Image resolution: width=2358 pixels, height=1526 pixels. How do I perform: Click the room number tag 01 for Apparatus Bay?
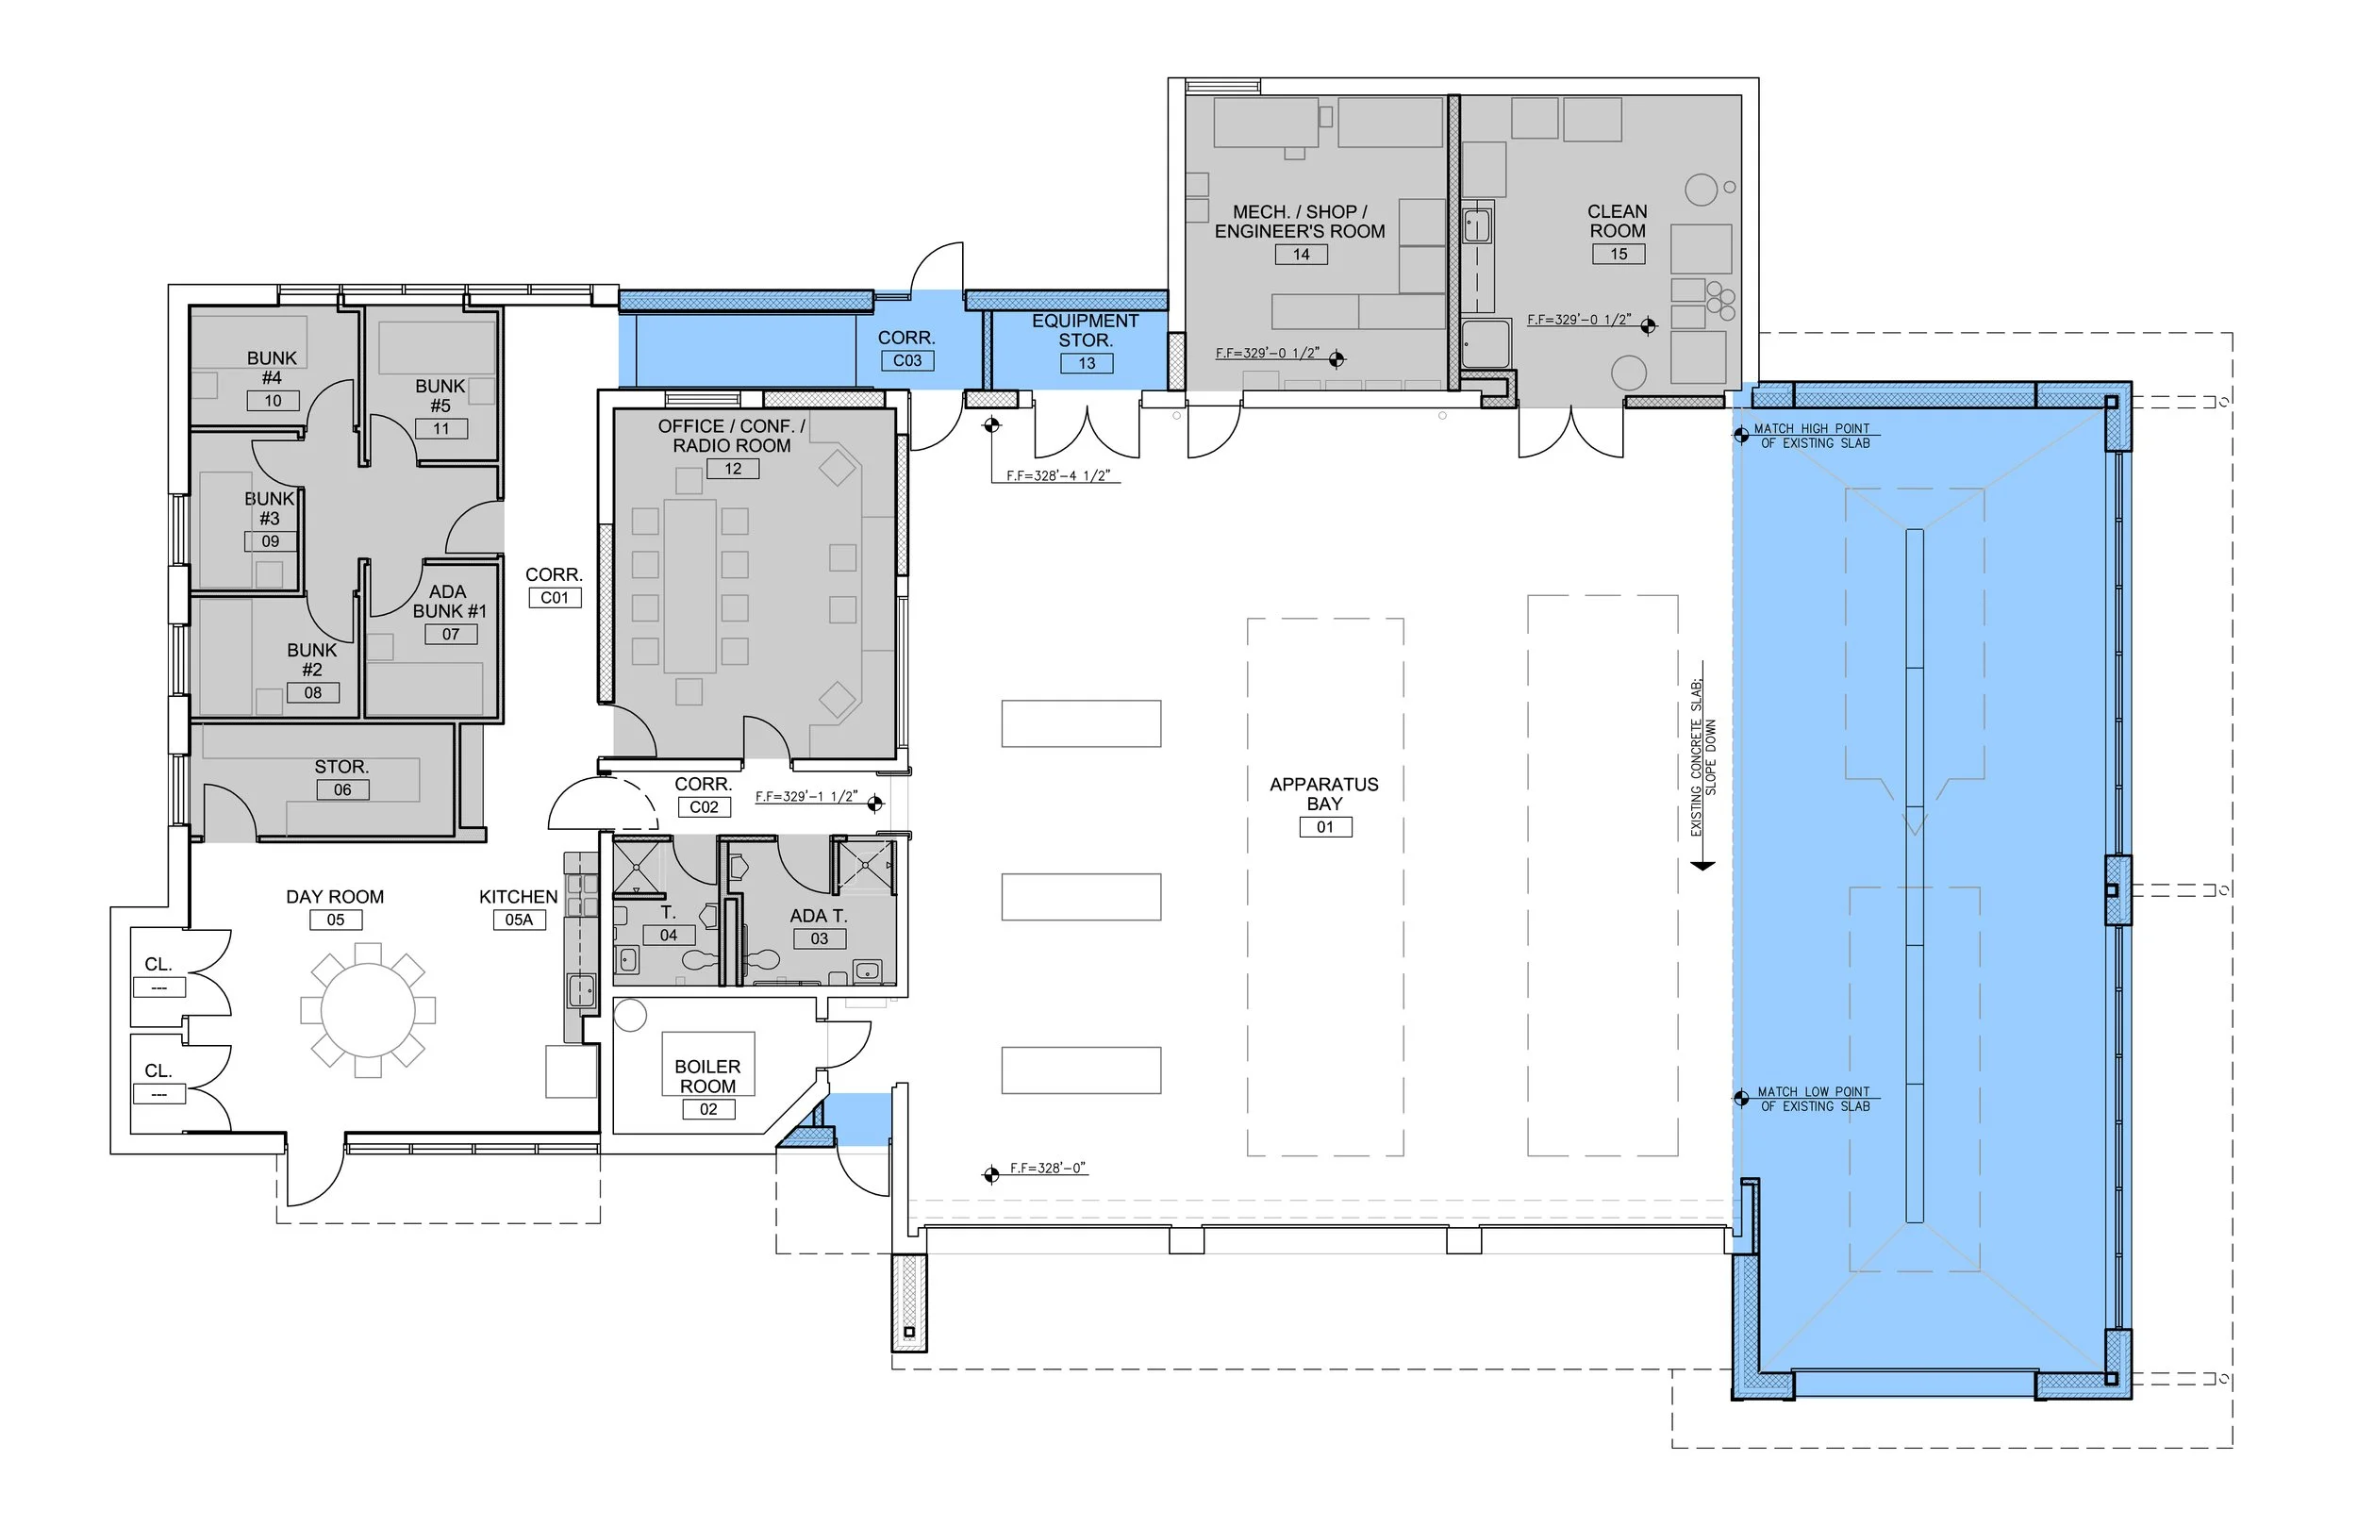coord(1325,827)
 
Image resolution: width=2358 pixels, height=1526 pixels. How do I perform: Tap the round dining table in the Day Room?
coord(368,1011)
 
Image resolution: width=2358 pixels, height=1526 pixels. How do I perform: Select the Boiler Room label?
coord(707,1076)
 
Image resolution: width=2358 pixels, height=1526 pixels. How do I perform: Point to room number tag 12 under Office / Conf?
coord(733,469)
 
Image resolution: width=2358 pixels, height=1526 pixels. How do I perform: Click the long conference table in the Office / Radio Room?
coord(689,587)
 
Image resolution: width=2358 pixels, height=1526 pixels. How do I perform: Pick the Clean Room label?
coord(1618,221)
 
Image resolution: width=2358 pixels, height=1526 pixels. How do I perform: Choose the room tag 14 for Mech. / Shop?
coord(1302,255)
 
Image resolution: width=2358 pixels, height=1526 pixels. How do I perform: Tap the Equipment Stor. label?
coord(1086,330)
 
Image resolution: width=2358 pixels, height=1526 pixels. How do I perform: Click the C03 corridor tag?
coord(907,360)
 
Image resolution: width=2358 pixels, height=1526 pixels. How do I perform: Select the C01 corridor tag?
coord(555,598)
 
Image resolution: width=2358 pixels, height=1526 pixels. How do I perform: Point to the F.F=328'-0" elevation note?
coord(1048,1169)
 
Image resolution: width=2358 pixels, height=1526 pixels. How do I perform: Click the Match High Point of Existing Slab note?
coord(1812,436)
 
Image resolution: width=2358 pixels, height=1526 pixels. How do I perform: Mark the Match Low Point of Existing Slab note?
coord(1814,1099)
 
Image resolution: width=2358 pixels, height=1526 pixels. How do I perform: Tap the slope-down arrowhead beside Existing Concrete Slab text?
coord(1702,866)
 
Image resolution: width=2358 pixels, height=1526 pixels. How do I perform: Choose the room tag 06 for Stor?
coord(342,789)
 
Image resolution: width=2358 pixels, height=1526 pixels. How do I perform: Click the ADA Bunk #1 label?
coord(450,602)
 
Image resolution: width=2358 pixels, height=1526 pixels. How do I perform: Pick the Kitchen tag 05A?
coord(519,920)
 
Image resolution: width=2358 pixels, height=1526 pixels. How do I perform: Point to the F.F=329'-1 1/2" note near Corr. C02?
coord(806,797)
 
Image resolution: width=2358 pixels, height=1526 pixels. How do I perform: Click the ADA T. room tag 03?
coord(820,938)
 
